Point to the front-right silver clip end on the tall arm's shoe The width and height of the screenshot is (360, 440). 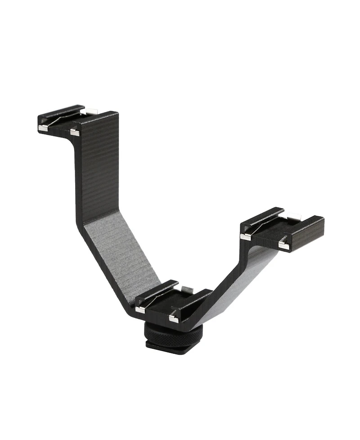pos(75,132)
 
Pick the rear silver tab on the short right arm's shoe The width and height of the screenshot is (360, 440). pos(292,216)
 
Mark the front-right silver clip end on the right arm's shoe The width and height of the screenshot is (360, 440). pos(283,245)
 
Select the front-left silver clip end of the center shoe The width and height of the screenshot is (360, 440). pos(140,309)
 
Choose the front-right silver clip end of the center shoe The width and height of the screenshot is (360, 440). pos(174,319)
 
